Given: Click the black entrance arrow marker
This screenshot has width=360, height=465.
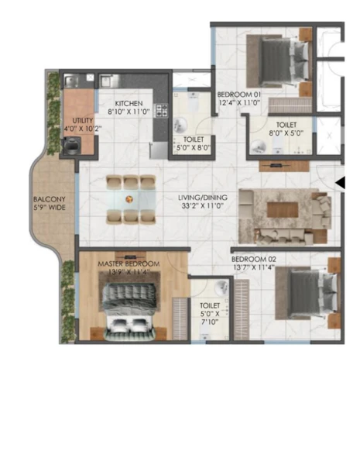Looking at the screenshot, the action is point(341,182).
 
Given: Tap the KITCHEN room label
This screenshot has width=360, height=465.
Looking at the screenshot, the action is point(129,104).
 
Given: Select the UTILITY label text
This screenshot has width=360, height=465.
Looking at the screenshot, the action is point(83,121).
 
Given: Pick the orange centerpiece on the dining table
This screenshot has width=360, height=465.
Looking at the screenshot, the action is point(129,199).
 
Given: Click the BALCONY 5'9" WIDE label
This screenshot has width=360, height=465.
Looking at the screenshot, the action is point(50,203).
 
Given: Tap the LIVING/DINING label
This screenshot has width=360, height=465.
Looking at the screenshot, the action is point(203,198).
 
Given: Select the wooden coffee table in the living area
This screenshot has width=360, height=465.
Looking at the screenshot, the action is point(283,210).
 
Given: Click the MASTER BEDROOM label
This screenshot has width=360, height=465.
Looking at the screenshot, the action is point(129,263).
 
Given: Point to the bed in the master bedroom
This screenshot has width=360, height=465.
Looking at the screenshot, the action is point(129,312).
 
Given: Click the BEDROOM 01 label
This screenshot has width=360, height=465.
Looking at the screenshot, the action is point(239,95).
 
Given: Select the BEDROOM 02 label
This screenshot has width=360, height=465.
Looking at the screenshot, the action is point(254,259).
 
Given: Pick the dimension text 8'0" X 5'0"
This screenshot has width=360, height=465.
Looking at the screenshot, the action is point(286,133).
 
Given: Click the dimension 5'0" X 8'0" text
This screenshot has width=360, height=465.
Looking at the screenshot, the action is point(193,147).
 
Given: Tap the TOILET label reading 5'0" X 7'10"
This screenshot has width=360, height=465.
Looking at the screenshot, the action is point(210,313).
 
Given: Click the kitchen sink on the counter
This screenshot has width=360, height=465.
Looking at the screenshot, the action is point(106,81).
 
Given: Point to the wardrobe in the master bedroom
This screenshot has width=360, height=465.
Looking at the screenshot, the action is point(180,319).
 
